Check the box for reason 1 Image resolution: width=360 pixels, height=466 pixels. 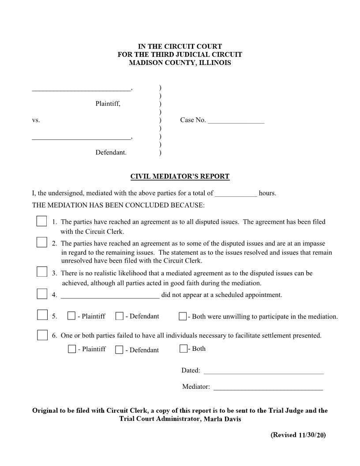tap(41, 221)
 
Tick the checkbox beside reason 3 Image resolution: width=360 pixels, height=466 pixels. tap(41, 271)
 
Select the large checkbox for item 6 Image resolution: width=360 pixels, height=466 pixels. tap(42, 335)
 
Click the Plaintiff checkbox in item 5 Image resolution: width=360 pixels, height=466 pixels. tap(71, 316)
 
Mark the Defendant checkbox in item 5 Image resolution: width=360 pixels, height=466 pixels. tap(119, 316)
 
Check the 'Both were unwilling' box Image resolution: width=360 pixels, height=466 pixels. tap(182, 316)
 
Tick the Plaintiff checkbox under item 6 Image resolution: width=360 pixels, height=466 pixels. tap(72, 349)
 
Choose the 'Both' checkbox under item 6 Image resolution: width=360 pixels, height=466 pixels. tap(183, 349)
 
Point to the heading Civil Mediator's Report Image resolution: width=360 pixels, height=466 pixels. tap(180, 177)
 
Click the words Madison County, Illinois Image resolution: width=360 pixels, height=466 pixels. tap(180, 63)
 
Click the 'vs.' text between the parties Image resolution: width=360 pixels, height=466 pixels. tap(36, 120)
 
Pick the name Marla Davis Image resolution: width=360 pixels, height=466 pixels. tap(222, 419)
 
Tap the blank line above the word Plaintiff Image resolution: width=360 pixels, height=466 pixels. tap(81, 90)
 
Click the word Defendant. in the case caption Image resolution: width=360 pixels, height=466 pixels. tap(111, 153)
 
